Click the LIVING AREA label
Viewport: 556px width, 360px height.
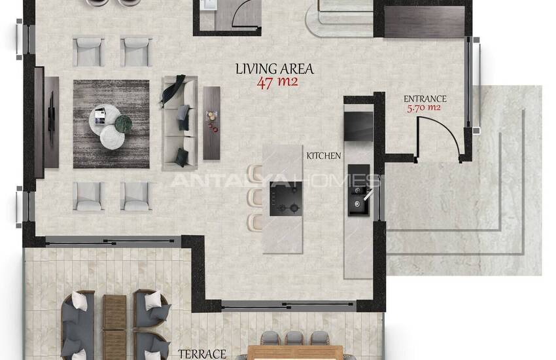(x=275, y=69)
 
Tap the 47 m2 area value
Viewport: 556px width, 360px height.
(x=277, y=82)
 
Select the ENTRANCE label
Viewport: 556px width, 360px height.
(x=425, y=99)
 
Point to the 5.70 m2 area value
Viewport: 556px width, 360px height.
(x=424, y=108)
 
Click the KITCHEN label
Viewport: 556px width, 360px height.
(x=323, y=156)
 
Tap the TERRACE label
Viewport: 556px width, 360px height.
(x=201, y=354)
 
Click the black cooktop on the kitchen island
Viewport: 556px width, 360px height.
(x=286, y=198)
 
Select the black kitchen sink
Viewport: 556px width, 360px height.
(x=359, y=200)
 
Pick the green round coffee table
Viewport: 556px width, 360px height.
(x=123, y=124)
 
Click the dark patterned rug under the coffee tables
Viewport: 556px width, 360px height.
(x=111, y=124)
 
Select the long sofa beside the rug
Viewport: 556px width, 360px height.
(x=180, y=122)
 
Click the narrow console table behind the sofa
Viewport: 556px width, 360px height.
(x=212, y=122)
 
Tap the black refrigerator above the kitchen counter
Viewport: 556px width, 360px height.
(x=358, y=126)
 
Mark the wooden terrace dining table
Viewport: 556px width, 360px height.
(x=295, y=353)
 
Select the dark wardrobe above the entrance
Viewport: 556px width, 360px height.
(x=425, y=22)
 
